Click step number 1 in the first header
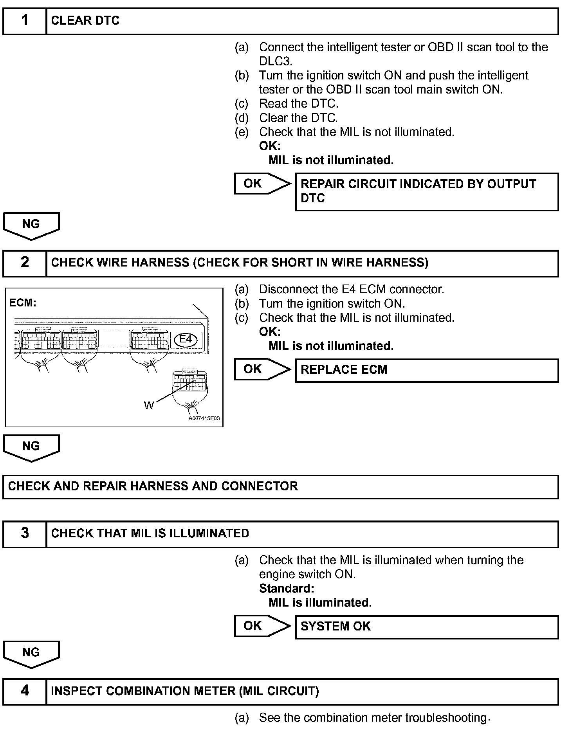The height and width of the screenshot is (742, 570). pyautogui.click(x=25, y=20)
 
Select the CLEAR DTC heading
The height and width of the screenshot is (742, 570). pyautogui.click(x=85, y=21)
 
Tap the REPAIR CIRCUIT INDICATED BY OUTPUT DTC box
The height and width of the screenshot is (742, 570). pyautogui.click(x=426, y=192)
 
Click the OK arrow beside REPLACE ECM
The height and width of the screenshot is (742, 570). pyautogui.click(x=262, y=369)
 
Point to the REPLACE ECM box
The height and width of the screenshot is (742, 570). pyautogui.click(x=426, y=370)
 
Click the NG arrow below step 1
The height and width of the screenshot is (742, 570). pyautogui.click(x=31, y=225)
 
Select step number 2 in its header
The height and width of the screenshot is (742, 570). pyautogui.click(x=25, y=262)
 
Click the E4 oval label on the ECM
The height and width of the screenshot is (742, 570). pyautogui.click(x=186, y=339)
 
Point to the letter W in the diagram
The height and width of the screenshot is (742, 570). pyautogui.click(x=149, y=405)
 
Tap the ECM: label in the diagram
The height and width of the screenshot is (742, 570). pyautogui.click(x=23, y=303)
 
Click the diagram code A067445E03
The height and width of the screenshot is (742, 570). pyautogui.click(x=204, y=418)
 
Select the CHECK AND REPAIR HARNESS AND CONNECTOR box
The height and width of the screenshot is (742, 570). pyautogui.click(x=280, y=486)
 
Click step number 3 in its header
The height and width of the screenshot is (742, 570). pyautogui.click(x=25, y=533)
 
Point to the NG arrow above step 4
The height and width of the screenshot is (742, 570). pyautogui.click(x=31, y=654)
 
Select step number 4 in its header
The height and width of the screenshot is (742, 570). pyautogui.click(x=25, y=691)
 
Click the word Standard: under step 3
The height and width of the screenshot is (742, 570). pyautogui.click(x=287, y=589)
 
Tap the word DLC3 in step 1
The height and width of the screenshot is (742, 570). pyautogui.click(x=275, y=61)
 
